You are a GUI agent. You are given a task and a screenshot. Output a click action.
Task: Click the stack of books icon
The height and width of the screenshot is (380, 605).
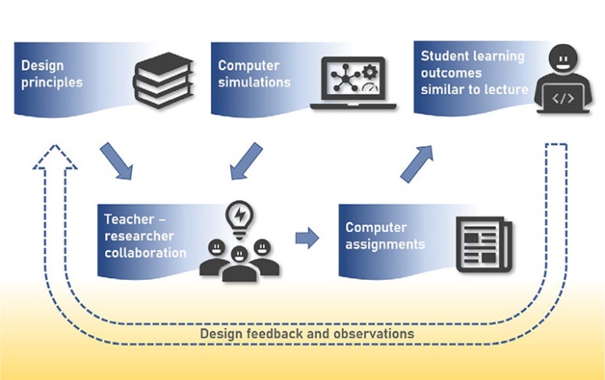click(x=163, y=80)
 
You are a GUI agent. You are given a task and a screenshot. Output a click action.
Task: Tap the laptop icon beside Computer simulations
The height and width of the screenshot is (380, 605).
click(x=353, y=83)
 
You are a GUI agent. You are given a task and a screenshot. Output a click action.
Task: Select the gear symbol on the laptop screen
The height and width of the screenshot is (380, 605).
click(x=370, y=72)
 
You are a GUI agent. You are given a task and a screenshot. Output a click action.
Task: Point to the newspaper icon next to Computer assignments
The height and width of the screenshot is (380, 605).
click(x=484, y=245)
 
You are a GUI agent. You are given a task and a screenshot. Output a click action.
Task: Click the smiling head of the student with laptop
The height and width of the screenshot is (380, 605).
click(x=563, y=57)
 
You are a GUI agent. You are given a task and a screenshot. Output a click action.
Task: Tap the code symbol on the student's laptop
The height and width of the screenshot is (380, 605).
click(x=563, y=98)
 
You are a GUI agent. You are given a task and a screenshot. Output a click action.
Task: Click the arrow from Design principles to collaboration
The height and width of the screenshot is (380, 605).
click(x=117, y=161)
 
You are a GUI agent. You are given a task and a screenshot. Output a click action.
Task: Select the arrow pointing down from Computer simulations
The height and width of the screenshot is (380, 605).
click(x=246, y=161)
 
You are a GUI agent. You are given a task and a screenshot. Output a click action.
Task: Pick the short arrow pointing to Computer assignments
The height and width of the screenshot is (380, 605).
click(x=307, y=238)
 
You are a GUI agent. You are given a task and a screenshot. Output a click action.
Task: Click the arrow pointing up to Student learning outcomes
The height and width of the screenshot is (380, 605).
click(x=417, y=164)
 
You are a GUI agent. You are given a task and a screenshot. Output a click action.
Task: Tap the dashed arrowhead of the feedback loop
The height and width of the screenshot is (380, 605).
click(x=55, y=157)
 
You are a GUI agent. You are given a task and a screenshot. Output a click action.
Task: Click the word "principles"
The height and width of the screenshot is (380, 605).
click(x=52, y=83)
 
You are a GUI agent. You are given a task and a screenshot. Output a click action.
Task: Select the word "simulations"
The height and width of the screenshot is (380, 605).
click(x=254, y=82)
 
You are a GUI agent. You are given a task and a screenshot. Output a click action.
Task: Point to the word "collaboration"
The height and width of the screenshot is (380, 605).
click(x=146, y=253)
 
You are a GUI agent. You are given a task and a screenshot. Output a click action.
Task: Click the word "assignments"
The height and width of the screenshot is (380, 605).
click(x=385, y=245)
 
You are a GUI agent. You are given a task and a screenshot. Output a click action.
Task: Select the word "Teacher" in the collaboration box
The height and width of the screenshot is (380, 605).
click(x=129, y=220)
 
